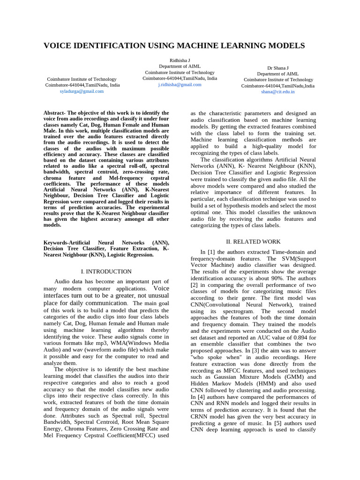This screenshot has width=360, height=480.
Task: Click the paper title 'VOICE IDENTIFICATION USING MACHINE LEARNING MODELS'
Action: point(174,45)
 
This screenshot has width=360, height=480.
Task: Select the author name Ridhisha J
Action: point(180,61)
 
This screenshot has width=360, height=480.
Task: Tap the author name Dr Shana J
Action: point(277,68)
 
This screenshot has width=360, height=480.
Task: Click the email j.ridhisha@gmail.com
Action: point(180,85)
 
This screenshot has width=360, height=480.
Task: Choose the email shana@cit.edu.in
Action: point(278,92)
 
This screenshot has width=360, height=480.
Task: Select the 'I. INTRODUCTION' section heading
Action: point(106,271)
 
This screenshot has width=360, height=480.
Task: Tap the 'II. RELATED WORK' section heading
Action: point(254,242)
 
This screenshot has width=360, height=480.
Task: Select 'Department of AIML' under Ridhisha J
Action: point(180,67)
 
